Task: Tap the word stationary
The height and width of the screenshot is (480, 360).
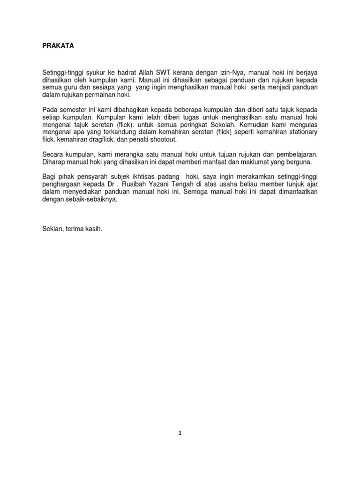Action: (x=301, y=133)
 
